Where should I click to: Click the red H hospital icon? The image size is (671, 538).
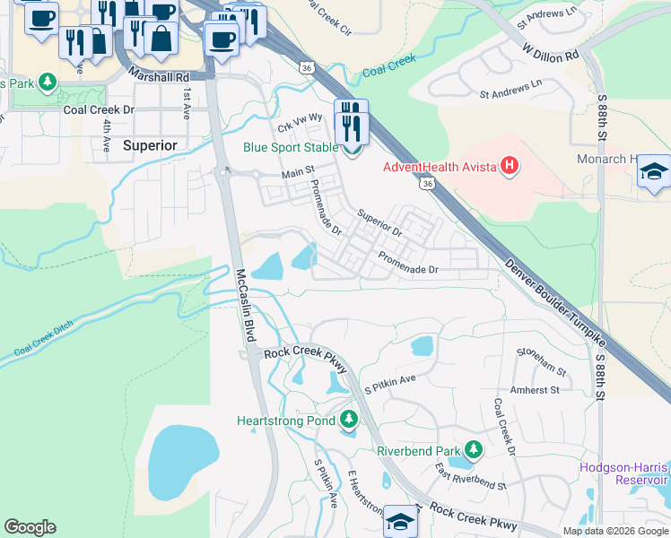[x=510, y=166]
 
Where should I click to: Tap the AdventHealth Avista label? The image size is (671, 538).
[x=439, y=166]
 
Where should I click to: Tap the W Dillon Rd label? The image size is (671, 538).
[x=551, y=50]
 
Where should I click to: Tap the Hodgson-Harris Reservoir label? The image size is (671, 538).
[x=623, y=473]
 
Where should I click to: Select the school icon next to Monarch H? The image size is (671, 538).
[x=654, y=172]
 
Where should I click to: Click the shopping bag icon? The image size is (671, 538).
[x=161, y=39]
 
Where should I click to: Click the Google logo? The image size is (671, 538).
[x=30, y=527]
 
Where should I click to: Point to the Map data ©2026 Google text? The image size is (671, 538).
[x=614, y=530]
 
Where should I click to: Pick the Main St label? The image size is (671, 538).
[x=299, y=173]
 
